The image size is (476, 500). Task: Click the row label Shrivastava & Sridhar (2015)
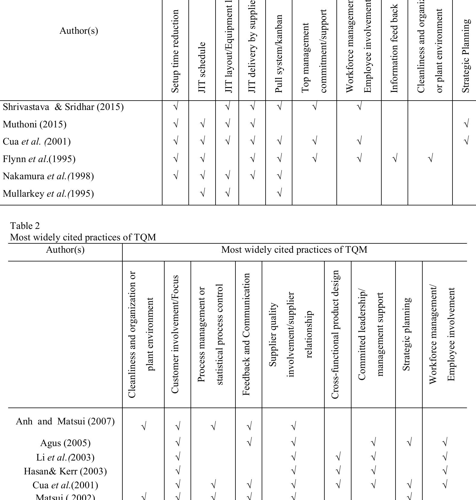63,107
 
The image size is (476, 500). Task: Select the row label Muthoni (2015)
35,124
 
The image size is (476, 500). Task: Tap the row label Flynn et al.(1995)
39,159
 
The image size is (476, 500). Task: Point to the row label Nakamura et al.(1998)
48,176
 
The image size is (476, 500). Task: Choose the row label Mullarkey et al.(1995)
48,193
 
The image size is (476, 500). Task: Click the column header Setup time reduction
175,51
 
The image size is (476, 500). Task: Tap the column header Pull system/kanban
279,53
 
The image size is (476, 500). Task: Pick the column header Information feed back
395,48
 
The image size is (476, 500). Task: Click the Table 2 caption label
25,226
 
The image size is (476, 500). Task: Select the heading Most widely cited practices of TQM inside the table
294,250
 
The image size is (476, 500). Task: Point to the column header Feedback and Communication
246,334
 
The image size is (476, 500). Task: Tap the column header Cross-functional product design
335,334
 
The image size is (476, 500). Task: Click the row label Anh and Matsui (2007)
65,421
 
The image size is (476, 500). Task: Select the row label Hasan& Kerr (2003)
65,471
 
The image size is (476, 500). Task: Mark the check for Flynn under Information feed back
395,158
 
